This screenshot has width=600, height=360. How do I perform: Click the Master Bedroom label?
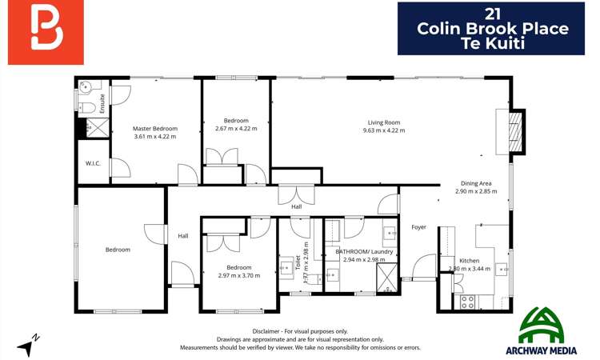tap(155, 128)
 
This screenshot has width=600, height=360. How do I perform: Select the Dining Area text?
tap(475, 183)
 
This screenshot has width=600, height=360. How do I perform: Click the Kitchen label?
tap(470, 261)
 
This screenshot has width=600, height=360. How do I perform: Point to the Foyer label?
tap(419, 227)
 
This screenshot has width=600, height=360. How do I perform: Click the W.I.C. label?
tap(92, 163)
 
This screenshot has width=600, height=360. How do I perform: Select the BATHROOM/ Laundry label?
tap(364, 251)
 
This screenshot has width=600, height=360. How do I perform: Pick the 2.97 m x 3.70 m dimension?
tap(238, 276)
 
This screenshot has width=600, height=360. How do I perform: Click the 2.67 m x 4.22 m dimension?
tap(236, 129)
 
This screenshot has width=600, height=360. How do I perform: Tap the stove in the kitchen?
tap(466, 302)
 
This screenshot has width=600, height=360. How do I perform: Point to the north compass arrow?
tap(30, 346)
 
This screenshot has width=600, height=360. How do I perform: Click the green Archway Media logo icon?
tap(546, 324)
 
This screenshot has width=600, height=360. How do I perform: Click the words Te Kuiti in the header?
tap(493, 44)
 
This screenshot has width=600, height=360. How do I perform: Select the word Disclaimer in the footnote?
tap(266, 330)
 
